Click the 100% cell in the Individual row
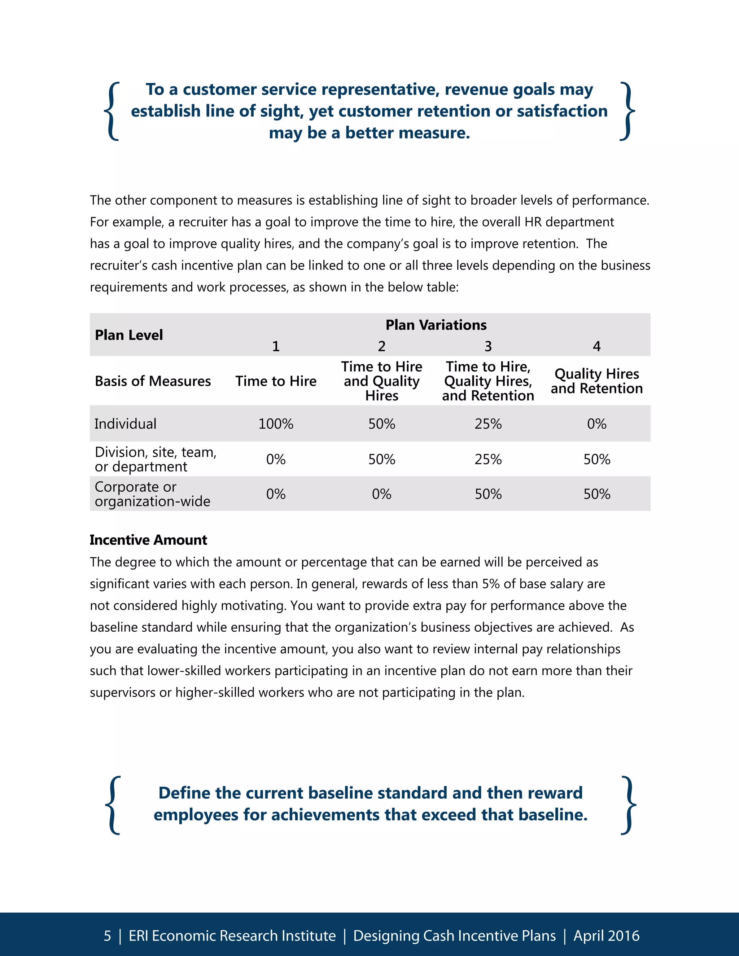(x=276, y=424)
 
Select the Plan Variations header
(x=436, y=325)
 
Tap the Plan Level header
(x=129, y=335)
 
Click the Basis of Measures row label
(x=153, y=381)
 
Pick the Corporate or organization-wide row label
(x=152, y=494)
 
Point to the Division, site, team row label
(x=156, y=459)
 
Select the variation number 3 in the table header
(x=488, y=346)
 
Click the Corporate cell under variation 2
(x=381, y=494)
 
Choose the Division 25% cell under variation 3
(x=488, y=459)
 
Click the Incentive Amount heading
(x=148, y=540)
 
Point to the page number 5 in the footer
(x=107, y=935)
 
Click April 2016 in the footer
(x=606, y=935)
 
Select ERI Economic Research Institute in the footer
(x=232, y=935)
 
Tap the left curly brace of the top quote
(x=113, y=111)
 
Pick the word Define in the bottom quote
(x=184, y=793)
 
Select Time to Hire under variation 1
(x=276, y=381)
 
